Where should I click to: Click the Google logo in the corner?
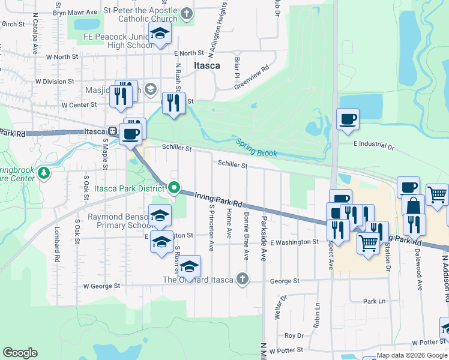tap(20, 353)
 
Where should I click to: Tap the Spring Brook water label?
tap(256, 148)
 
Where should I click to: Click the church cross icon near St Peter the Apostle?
tap(187, 13)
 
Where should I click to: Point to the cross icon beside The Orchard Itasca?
tap(242, 278)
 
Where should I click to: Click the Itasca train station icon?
tap(112, 131)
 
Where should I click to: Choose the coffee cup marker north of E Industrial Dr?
tap(347, 118)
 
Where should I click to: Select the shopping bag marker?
tap(413, 205)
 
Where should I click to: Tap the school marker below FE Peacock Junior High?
tap(160, 33)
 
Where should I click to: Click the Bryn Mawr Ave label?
tap(75, 12)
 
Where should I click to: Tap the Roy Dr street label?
tap(294, 335)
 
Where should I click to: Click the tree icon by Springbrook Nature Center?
tap(43, 173)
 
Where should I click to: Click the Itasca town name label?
tap(206, 65)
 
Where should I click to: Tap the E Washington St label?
tap(294, 242)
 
